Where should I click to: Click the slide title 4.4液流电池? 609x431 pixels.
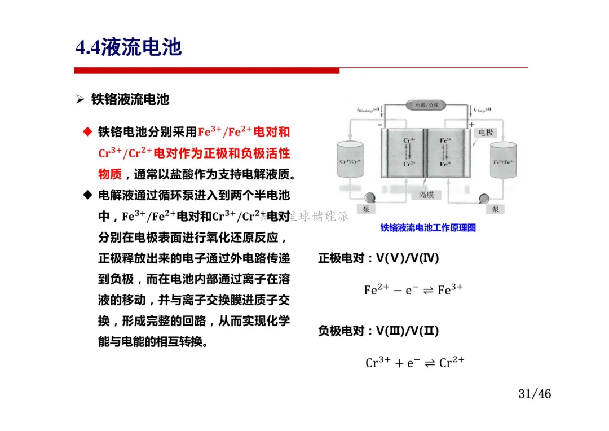(129, 47)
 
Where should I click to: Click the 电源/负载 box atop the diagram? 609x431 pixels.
(426, 105)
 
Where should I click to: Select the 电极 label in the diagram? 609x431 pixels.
(486, 133)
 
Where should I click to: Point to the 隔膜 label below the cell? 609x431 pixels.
(426, 195)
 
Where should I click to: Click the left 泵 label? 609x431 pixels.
(365, 209)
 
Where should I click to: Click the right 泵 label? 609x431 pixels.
(495, 209)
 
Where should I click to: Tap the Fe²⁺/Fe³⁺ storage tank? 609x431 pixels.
(504, 161)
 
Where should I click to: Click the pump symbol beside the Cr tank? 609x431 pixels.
(371, 197)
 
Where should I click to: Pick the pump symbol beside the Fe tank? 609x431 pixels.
(483, 198)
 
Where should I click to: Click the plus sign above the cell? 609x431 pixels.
(471, 124)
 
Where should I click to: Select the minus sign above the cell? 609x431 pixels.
(380, 124)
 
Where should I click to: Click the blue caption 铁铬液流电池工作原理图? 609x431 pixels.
(428, 228)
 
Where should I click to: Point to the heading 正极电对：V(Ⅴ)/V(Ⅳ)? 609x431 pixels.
(378, 258)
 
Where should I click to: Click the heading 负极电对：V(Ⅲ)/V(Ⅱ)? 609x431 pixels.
(378, 331)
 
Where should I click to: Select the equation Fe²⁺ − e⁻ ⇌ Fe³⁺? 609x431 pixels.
(413, 290)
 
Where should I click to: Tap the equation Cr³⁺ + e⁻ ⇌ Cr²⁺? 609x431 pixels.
(414, 362)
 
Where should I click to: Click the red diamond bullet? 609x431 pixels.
(87, 132)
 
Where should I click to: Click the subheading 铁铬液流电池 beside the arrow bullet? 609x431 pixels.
(130, 100)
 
